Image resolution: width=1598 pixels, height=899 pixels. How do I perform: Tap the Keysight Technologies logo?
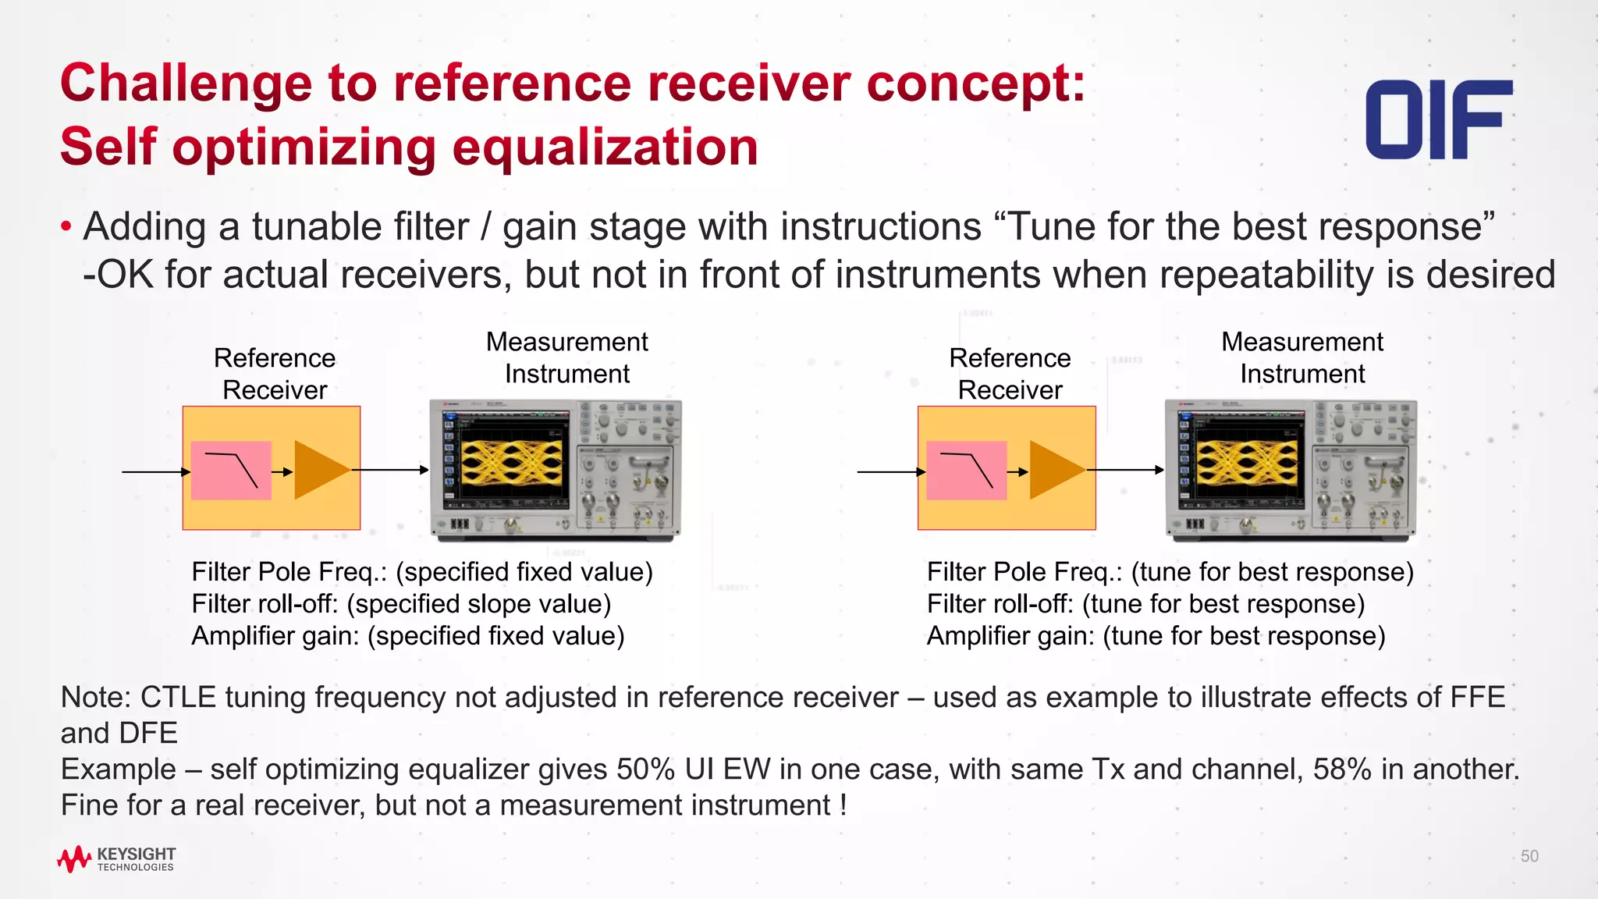coord(116,858)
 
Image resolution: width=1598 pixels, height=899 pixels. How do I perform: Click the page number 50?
coord(1529,856)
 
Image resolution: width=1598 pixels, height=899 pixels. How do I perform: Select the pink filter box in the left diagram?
coord(231,471)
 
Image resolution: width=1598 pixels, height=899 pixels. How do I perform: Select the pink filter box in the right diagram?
coord(966,471)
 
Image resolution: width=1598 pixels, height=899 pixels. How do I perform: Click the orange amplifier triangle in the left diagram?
coord(318,470)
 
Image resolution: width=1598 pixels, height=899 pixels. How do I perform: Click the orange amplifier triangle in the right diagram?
coord(1053,470)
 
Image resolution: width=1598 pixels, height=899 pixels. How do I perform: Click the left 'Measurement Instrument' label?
coord(566,357)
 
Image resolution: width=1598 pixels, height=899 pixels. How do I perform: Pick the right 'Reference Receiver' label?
coord(1010,374)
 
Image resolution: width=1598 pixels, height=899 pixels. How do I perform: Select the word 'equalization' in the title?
coord(605,147)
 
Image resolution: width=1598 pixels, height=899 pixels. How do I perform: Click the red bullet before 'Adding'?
coord(66,227)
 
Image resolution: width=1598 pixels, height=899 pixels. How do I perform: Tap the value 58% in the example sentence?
coord(1342,769)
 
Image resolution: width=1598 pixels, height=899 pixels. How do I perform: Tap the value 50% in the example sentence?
coord(645,769)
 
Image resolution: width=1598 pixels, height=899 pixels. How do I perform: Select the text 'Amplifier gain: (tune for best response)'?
coord(1156,636)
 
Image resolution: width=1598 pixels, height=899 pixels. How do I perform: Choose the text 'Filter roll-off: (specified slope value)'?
coord(401,604)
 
